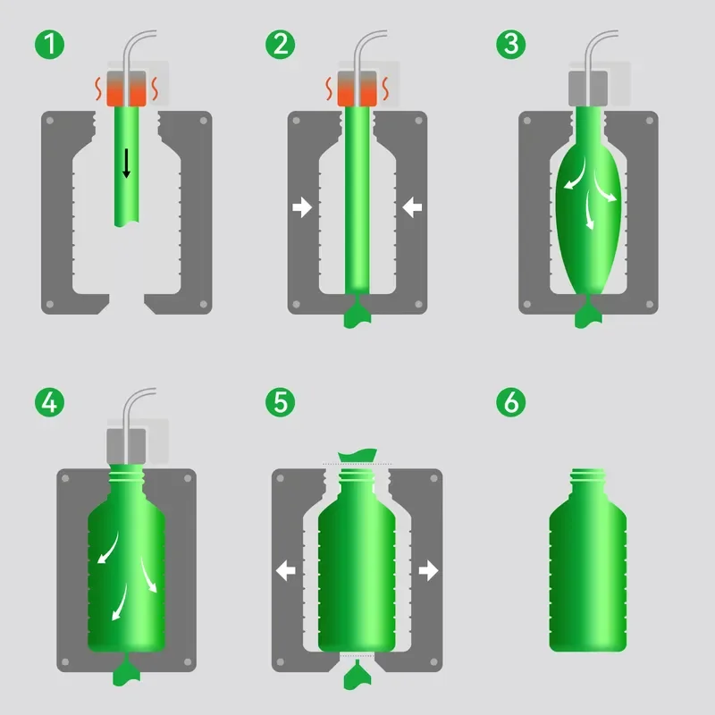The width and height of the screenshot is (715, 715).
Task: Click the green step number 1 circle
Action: [x=50, y=44]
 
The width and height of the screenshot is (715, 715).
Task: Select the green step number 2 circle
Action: [x=281, y=44]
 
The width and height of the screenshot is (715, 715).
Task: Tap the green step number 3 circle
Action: [x=512, y=44]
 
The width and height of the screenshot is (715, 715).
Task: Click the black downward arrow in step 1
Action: [x=127, y=162]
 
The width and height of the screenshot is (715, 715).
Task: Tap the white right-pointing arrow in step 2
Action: [x=302, y=208]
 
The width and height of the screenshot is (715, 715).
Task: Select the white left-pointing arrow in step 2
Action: [x=412, y=208]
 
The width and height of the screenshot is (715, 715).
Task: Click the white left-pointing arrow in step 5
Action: [x=286, y=570]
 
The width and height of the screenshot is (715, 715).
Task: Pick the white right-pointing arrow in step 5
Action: [x=429, y=570]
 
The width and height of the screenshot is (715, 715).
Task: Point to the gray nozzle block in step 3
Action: [x=588, y=87]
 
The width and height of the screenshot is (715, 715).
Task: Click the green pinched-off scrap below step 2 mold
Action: [x=357, y=315]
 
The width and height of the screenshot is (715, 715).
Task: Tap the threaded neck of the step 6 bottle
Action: [x=588, y=479]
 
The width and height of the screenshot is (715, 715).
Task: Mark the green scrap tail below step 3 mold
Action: [x=589, y=314]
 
